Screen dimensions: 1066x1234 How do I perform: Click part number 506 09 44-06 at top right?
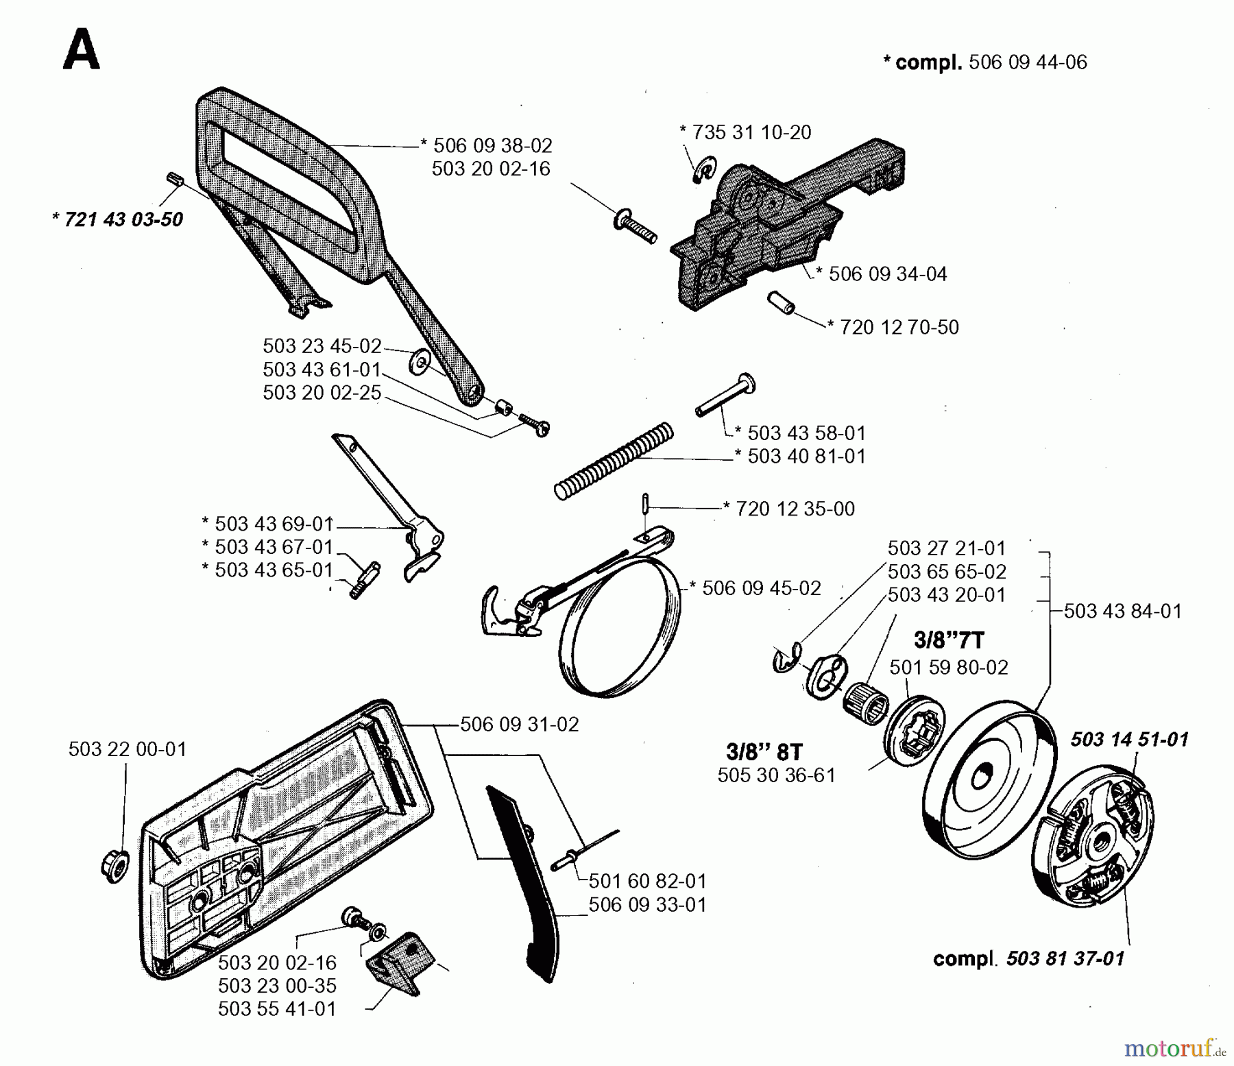click(x=1028, y=62)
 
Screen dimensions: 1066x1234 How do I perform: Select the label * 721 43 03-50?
click(x=117, y=219)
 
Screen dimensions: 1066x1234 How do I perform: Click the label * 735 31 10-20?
click(x=745, y=132)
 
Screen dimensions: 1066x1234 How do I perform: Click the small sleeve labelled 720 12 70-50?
click(x=780, y=302)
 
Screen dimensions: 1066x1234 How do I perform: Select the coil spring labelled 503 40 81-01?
click(x=614, y=461)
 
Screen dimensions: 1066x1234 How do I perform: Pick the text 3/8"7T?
click(x=949, y=640)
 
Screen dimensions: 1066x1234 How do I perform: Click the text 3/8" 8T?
click(x=764, y=752)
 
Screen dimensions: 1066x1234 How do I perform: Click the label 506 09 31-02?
click(x=519, y=724)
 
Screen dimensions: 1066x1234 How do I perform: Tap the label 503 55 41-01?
click(x=277, y=1009)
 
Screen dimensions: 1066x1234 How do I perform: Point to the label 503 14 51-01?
click(x=1129, y=739)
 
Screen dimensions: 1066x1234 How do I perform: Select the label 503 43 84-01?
click(x=1122, y=611)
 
